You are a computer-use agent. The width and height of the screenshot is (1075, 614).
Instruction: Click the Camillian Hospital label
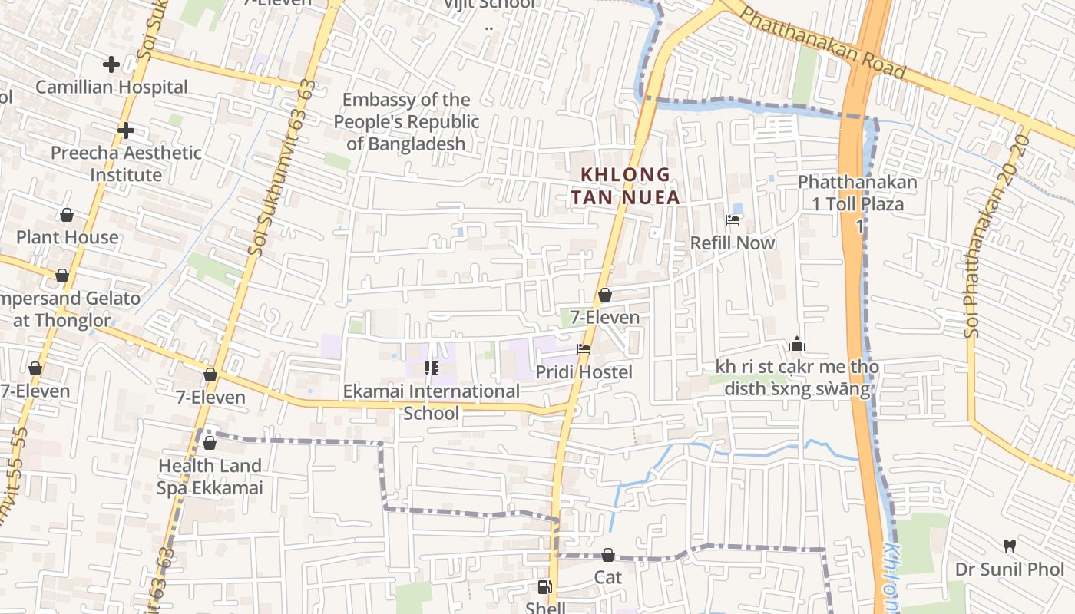pos(111,87)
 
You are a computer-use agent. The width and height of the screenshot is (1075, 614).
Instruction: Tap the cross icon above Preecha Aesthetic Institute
pos(126,131)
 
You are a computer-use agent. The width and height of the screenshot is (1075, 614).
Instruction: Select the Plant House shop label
pos(68,237)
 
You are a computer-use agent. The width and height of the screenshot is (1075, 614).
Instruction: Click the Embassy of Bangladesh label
pos(406,121)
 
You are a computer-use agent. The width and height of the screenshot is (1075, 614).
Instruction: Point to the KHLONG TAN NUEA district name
pos(625,186)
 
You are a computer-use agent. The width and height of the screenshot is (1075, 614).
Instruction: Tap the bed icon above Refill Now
pos(733,220)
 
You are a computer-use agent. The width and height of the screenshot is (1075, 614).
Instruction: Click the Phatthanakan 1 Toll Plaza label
pos(858,193)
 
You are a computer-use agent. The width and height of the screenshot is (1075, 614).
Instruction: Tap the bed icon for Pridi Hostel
pos(584,350)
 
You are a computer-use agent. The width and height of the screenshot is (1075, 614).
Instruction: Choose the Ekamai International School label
pos(432,402)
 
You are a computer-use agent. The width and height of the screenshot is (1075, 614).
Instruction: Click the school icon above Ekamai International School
pos(431,368)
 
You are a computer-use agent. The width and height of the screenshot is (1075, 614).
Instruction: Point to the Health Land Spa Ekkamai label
pos(210,477)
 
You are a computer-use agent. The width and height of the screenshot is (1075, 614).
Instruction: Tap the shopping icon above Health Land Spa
pos(209,443)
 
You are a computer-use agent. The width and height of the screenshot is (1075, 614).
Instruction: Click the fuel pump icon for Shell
pos(544,587)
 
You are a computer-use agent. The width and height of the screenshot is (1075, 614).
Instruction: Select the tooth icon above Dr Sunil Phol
pos(1010,546)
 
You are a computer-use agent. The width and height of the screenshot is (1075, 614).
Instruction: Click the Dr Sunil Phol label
pos(1010,569)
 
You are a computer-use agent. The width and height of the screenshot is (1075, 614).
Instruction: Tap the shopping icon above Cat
pos(608,554)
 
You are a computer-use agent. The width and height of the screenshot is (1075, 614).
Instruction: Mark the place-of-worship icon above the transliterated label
pos(796,344)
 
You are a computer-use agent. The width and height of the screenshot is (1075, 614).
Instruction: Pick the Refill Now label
pos(733,243)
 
